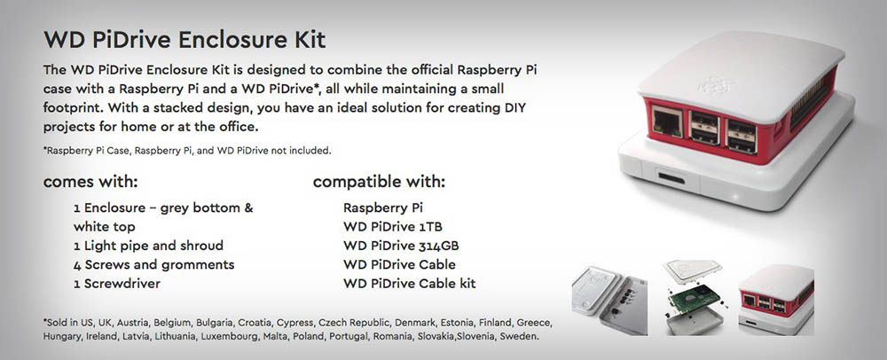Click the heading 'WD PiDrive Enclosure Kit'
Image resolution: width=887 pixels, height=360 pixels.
click(x=184, y=40)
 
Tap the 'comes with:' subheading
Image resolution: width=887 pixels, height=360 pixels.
click(x=90, y=182)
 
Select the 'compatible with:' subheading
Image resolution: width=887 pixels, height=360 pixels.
click(x=379, y=182)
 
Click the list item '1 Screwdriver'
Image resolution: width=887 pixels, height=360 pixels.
click(x=116, y=284)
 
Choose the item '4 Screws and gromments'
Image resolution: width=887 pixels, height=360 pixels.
click(x=153, y=265)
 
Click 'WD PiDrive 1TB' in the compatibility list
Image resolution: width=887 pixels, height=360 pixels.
click(x=393, y=227)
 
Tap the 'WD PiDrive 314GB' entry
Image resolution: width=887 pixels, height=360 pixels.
click(x=401, y=246)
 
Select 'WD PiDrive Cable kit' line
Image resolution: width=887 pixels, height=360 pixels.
click(x=410, y=284)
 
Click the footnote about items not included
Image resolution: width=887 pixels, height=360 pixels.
click(x=187, y=151)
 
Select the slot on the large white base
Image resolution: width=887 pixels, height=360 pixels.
click(x=671, y=179)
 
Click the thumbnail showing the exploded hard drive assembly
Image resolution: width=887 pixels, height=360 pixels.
click(x=694, y=296)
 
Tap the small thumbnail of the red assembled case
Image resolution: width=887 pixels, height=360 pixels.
click(x=776, y=300)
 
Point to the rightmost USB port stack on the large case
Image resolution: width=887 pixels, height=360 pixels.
click(x=741, y=136)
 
